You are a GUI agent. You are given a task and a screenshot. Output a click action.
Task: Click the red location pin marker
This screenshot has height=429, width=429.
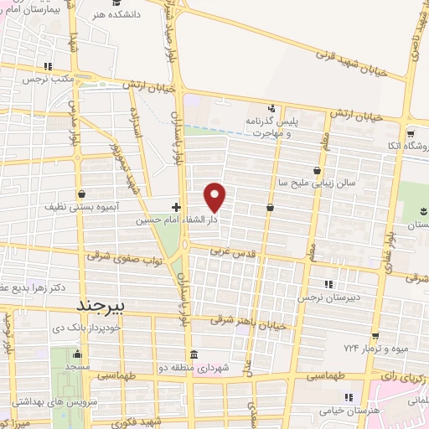coord(216,197)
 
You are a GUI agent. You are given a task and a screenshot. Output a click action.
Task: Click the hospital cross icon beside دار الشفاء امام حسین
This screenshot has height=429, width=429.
coord(176,206)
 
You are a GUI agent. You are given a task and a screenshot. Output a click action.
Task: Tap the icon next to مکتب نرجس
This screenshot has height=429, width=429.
coord(49,66)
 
